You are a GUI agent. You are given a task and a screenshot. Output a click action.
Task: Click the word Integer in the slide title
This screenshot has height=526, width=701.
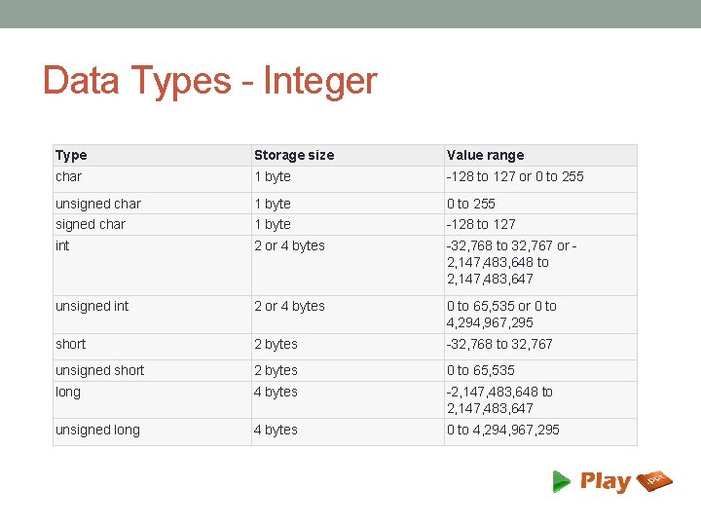click(319, 80)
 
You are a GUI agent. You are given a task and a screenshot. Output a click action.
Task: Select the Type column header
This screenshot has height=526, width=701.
click(71, 155)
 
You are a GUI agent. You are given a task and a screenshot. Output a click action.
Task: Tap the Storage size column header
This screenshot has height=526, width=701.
click(293, 155)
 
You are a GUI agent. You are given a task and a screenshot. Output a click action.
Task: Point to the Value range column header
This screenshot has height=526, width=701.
click(485, 155)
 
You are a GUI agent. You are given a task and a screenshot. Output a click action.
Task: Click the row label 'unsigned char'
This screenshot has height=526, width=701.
click(97, 204)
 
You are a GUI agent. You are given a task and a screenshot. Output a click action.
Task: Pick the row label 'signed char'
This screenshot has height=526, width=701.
click(91, 224)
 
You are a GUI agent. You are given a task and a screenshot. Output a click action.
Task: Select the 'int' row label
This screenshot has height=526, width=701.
click(62, 245)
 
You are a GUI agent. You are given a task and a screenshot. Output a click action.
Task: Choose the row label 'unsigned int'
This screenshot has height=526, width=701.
click(92, 306)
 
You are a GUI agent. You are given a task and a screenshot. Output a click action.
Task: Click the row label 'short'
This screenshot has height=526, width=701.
click(70, 344)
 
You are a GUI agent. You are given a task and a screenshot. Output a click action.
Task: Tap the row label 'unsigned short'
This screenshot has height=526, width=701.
click(99, 370)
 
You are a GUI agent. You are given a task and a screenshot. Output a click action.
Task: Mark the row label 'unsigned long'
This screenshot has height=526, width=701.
click(97, 430)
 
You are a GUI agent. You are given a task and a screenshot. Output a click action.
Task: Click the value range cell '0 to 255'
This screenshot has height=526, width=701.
click(470, 204)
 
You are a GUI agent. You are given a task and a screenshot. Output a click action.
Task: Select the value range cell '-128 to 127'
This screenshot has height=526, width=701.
click(481, 224)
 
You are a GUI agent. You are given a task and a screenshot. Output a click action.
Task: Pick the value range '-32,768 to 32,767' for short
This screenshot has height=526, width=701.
click(499, 344)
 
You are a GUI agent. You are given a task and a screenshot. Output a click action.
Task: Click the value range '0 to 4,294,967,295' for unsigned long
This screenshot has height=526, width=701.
click(502, 430)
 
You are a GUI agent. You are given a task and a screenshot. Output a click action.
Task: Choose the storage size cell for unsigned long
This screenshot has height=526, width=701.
click(276, 430)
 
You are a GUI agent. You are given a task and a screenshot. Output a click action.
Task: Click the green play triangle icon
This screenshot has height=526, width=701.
click(561, 481)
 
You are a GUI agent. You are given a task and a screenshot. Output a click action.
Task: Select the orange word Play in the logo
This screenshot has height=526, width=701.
click(605, 481)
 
